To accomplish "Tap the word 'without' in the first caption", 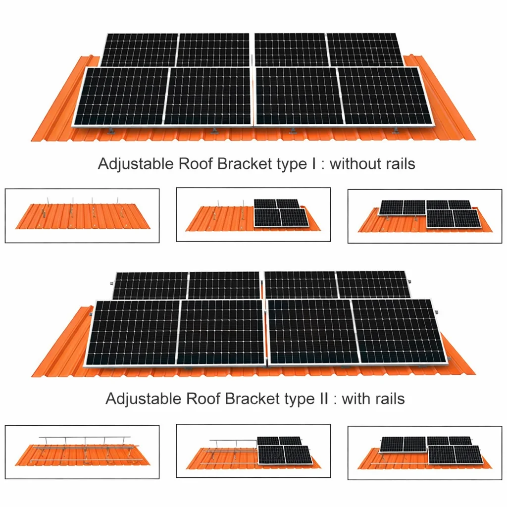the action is pyautogui.click(x=351, y=163).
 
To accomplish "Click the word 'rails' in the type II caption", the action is pyautogui.click(x=391, y=399).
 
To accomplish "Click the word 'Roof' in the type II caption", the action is pyautogui.click(x=203, y=399).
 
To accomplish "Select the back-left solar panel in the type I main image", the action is pyautogui.click(x=140, y=50).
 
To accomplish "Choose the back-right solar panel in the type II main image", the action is pyautogui.click(x=373, y=284).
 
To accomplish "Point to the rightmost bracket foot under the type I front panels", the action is pyautogui.click(x=396, y=130).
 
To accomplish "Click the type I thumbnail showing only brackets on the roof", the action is pyautogui.click(x=82, y=216).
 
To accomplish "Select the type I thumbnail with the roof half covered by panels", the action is pyautogui.click(x=253, y=214).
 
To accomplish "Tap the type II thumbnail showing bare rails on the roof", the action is pyautogui.click(x=82, y=452).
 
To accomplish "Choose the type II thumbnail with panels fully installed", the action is pyautogui.click(x=425, y=453).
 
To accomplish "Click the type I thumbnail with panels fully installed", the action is pyautogui.click(x=425, y=216).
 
